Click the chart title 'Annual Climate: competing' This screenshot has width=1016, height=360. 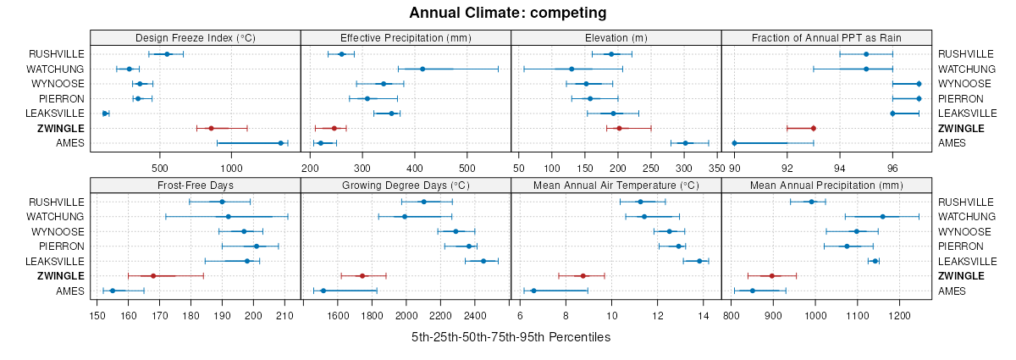pyautogui.click(x=508, y=13)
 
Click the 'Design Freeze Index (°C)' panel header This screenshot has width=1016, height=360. pyautogui.click(x=195, y=37)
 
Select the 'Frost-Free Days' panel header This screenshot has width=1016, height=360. pyautogui.click(x=195, y=186)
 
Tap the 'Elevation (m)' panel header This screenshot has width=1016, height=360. pyautogui.click(x=616, y=37)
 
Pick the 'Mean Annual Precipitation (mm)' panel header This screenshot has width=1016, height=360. pyautogui.click(x=825, y=186)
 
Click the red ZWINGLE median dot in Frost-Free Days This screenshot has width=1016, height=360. pyautogui.click(x=153, y=276)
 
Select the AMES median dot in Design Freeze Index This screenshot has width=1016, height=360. pyautogui.click(x=280, y=143)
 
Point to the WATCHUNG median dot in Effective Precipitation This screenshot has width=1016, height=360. pyautogui.click(x=422, y=69)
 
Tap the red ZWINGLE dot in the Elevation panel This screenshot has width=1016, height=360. pyautogui.click(x=619, y=128)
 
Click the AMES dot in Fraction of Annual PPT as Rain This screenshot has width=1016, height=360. pyautogui.click(x=734, y=143)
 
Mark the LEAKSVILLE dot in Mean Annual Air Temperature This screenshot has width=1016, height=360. pyautogui.click(x=699, y=261)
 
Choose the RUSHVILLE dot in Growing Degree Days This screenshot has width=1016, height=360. pyautogui.click(x=424, y=202)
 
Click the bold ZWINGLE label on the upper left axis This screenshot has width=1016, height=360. pyautogui.click(x=60, y=128)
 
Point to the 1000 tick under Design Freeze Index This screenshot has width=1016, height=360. pyautogui.click(x=230, y=156)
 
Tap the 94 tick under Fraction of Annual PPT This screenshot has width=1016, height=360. pyautogui.click(x=840, y=156)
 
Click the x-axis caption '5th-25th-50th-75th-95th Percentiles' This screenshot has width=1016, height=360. pyautogui.click(x=511, y=337)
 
